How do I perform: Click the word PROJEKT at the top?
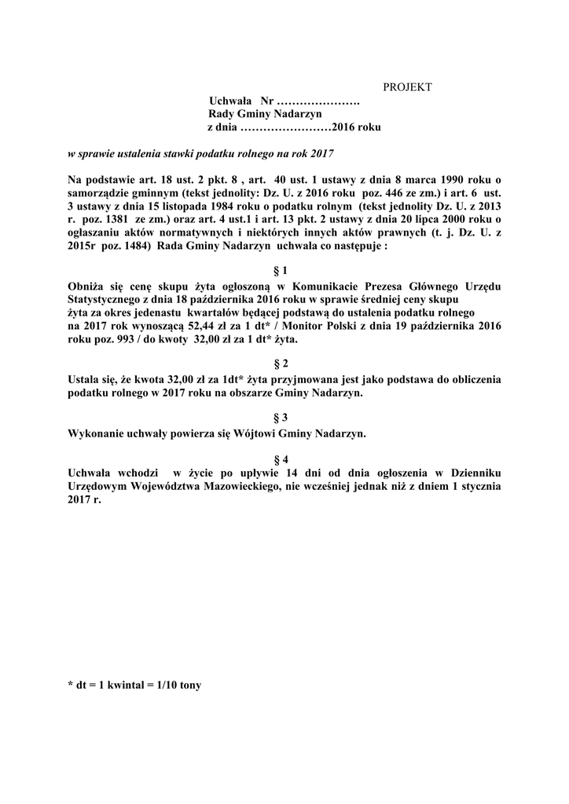click(x=407, y=87)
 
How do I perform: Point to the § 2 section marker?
click(x=281, y=364)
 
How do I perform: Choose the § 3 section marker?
click(x=281, y=418)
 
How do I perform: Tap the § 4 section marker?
click(x=281, y=459)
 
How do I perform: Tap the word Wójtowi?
click(x=261, y=433)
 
